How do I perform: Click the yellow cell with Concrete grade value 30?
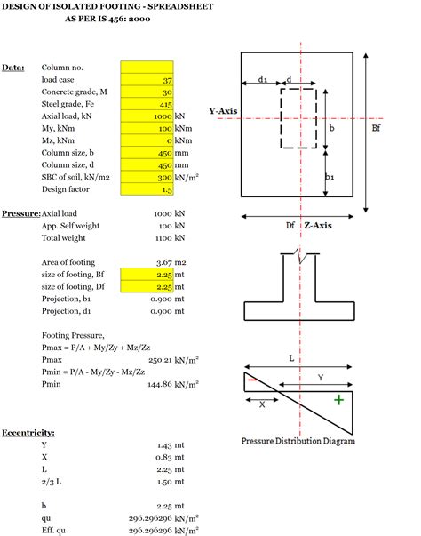coord(147,92)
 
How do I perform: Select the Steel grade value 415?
coord(147,104)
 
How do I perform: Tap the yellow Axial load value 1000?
coord(147,116)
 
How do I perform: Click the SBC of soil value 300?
coord(147,178)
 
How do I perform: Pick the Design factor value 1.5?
coord(147,190)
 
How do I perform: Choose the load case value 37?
coord(147,79)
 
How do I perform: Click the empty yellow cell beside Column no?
coord(147,67)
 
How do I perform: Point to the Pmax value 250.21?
coord(156,361)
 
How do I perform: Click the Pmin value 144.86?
coord(156,385)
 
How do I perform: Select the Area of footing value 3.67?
coord(161,263)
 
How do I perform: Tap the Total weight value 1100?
coord(160,239)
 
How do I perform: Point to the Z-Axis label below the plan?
coord(319,226)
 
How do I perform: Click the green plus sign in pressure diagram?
coord(338,401)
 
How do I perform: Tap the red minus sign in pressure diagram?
coord(253,380)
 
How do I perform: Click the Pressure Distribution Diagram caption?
coord(298,441)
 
